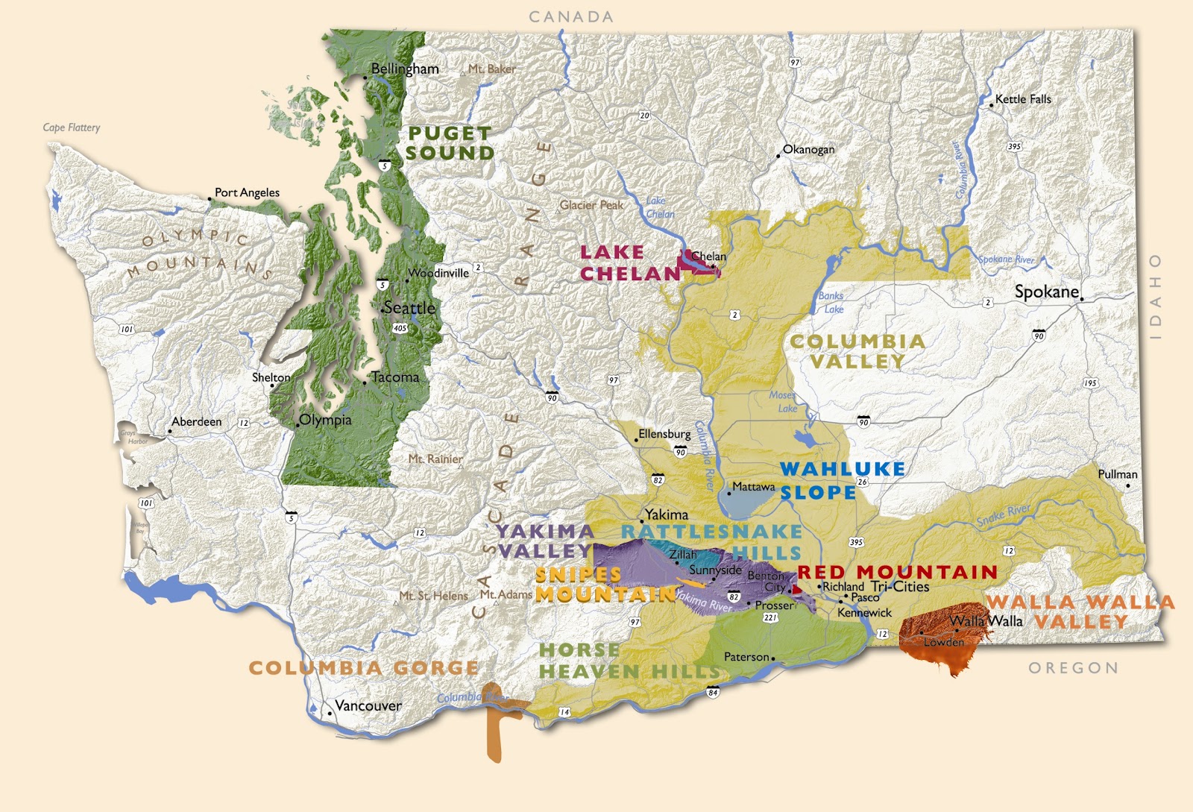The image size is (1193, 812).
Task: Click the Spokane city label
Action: (1046, 292)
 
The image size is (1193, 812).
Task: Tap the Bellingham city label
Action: (405, 69)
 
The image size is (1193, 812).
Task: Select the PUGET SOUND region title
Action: (450, 143)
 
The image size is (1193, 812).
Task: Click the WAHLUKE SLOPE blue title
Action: (842, 480)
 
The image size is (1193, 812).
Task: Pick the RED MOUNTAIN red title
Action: (897, 572)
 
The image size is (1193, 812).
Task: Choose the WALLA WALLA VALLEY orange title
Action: (1080, 611)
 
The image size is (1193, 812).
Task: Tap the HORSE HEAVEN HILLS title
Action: (629, 661)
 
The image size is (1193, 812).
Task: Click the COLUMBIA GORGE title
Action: (363, 667)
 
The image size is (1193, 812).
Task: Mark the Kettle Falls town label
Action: (1023, 99)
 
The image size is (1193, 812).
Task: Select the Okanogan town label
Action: (808, 149)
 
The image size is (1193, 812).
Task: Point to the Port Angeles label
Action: (247, 192)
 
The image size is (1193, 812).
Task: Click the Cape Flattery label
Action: (72, 128)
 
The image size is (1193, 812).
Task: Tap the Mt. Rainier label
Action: (435, 459)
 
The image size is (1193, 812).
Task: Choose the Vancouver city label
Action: (368, 705)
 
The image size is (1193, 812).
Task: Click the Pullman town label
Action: (1117, 474)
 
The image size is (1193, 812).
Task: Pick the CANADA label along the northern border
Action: (571, 16)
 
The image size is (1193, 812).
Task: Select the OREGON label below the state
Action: (1074, 668)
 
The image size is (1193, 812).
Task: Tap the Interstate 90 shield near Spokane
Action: (1039, 335)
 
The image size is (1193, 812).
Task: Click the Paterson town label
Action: (746, 657)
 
